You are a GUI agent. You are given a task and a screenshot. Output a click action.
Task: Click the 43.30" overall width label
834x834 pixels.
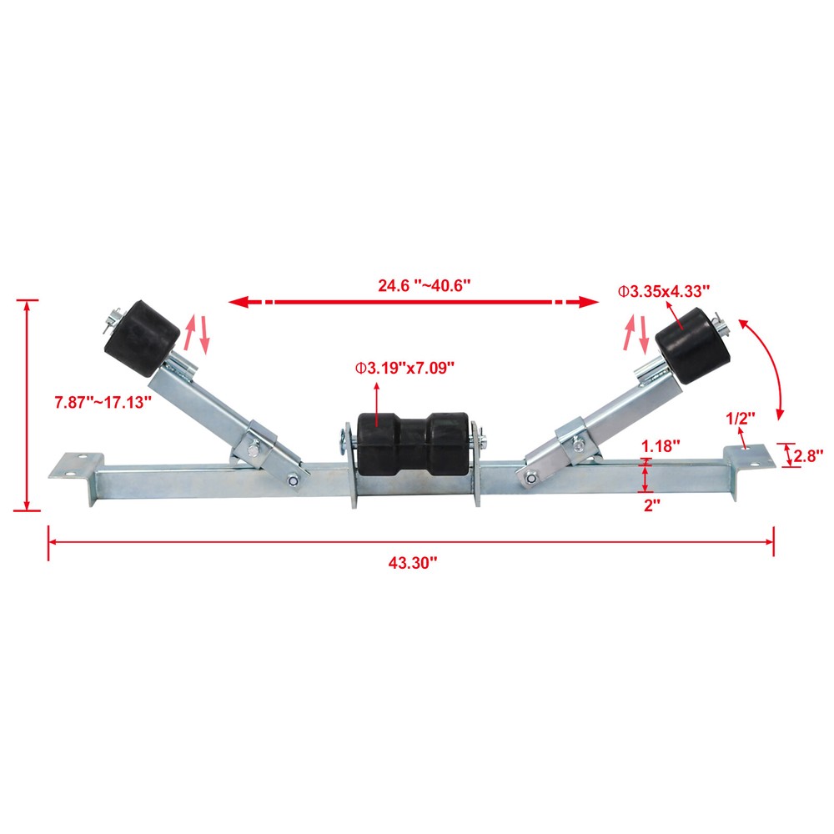(413, 563)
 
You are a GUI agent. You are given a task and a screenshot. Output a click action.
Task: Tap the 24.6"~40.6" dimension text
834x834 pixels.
(425, 284)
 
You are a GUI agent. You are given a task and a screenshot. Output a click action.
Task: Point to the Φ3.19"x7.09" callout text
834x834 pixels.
(404, 366)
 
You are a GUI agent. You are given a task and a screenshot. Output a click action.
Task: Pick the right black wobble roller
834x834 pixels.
(686, 345)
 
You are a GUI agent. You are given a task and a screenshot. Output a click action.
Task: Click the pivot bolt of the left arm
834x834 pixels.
(294, 479)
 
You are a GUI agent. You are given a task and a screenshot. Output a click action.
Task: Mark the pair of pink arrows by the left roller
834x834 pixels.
(196, 334)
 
